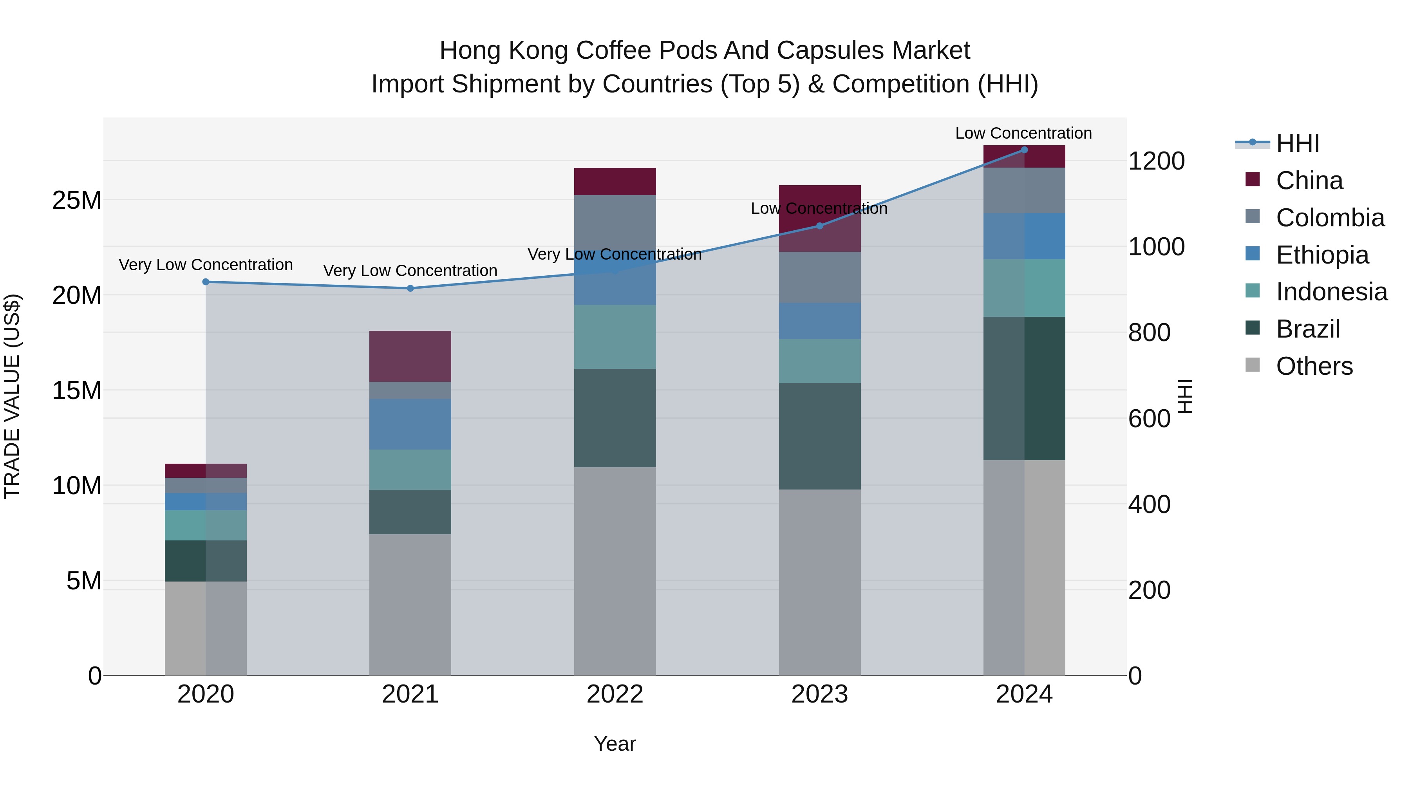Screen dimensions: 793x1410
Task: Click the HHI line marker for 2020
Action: [x=206, y=282]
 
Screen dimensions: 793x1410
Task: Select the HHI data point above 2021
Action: [x=410, y=288]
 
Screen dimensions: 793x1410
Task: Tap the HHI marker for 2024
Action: [x=1024, y=150]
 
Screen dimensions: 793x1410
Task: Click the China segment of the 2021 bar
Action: [x=410, y=356]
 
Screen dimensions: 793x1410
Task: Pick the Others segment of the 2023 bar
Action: [x=819, y=582]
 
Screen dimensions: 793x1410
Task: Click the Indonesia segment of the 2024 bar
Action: [x=1024, y=288]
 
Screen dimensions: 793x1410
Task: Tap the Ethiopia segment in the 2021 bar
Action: [x=410, y=424]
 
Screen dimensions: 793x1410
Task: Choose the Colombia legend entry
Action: [x=1330, y=218]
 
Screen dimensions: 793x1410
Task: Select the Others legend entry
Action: [x=1314, y=366]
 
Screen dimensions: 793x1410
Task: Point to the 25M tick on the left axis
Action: [x=77, y=200]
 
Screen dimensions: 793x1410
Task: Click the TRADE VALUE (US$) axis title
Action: [x=12, y=396]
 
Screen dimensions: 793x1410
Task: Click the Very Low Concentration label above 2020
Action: [x=206, y=265]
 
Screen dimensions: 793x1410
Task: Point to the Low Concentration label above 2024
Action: [x=1023, y=133]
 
